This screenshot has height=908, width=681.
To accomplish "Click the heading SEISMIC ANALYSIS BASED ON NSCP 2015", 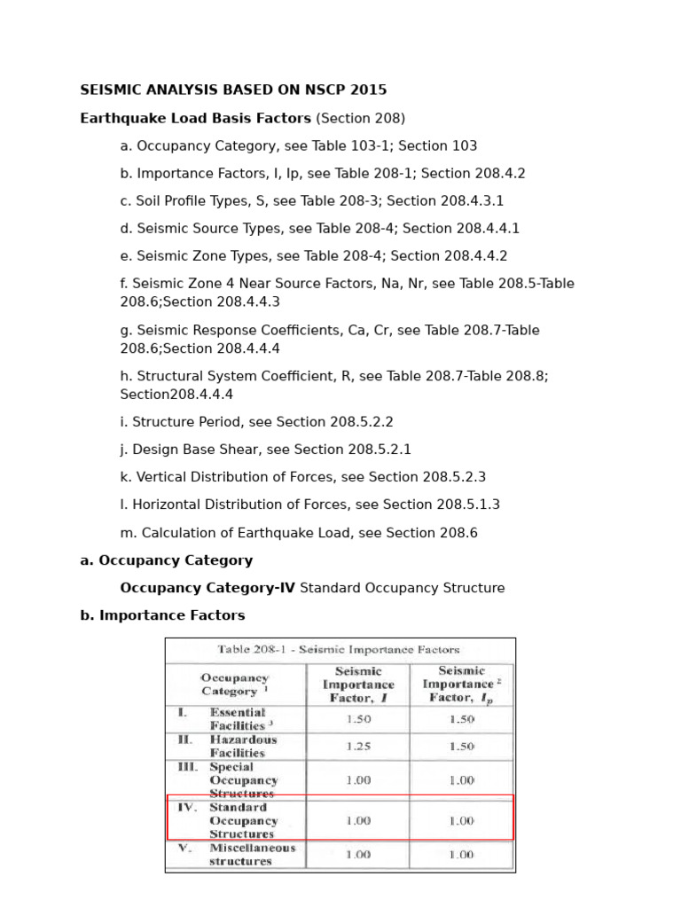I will pyautogui.click(x=233, y=90).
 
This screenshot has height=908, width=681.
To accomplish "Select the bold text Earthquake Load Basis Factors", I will pyautogui.click(x=195, y=118).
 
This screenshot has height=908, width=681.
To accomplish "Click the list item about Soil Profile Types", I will pyautogui.click(x=311, y=201).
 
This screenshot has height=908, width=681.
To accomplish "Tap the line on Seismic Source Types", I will pyautogui.click(x=319, y=229).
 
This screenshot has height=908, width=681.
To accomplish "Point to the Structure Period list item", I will pyautogui.click(x=256, y=422).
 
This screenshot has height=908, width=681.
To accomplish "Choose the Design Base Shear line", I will pyautogui.click(x=265, y=450).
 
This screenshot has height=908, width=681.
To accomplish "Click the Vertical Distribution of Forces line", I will pyautogui.click(x=302, y=477).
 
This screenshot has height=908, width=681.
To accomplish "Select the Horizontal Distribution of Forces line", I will pyautogui.click(x=309, y=505).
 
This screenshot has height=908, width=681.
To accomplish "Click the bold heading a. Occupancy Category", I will pyautogui.click(x=166, y=560).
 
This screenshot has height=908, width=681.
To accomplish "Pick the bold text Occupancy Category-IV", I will pyautogui.click(x=207, y=588).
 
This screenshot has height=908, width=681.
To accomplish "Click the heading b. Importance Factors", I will pyautogui.click(x=162, y=615).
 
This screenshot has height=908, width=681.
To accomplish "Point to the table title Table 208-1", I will pyautogui.click(x=341, y=650).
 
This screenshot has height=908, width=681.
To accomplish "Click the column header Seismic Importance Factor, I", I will pyautogui.click(x=358, y=685).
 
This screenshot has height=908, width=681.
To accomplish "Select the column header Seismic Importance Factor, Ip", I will pyautogui.click(x=460, y=685).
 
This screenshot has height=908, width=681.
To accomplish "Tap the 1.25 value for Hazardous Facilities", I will pyautogui.click(x=358, y=747).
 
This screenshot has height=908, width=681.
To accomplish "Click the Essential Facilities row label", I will pyautogui.click(x=237, y=719).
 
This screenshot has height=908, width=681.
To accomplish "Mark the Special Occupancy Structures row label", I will pyautogui.click(x=243, y=780).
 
